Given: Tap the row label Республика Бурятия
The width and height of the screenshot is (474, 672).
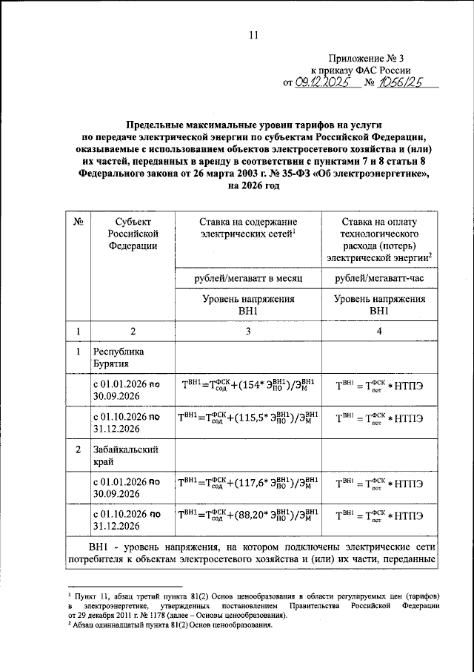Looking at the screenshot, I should pyautogui.click(x=118, y=358).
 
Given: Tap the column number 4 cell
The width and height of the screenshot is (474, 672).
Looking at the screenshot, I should pyautogui.click(x=379, y=331).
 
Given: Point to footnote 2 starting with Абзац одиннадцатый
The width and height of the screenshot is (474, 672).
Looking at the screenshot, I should pyautogui.click(x=170, y=625).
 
